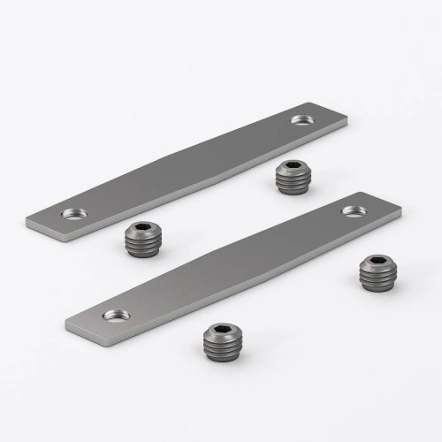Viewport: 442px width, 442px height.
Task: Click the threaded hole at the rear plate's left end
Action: (73, 213)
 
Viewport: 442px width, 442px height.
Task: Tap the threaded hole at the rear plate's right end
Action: (301, 119)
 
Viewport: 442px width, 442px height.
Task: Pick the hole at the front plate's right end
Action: (354, 211)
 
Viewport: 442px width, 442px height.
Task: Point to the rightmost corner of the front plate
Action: (401, 212)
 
